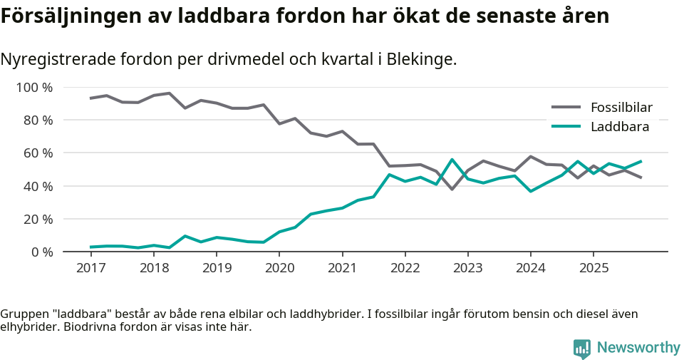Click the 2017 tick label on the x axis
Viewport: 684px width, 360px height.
(90, 268)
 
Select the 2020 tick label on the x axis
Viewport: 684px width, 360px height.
(279, 268)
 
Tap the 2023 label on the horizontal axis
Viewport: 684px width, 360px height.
(467, 268)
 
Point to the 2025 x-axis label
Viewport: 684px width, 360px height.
(594, 268)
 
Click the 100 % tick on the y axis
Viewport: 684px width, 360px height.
(35, 88)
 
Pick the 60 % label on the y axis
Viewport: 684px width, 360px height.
(38, 153)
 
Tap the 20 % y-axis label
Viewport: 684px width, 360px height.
(38, 219)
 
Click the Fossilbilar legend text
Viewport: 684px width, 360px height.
(621, 108)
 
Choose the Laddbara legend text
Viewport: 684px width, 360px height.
(619, 127)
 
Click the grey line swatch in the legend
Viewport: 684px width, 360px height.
(566, 108)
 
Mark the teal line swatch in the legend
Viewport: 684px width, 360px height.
(566, 127)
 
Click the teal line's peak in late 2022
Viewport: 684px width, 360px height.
(452, 160)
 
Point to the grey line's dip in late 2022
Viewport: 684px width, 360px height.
(452, 189)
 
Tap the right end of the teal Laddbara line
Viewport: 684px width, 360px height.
(641, 161)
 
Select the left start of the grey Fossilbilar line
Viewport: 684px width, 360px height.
(90, 98)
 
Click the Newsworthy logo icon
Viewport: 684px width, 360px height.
(582, 348)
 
